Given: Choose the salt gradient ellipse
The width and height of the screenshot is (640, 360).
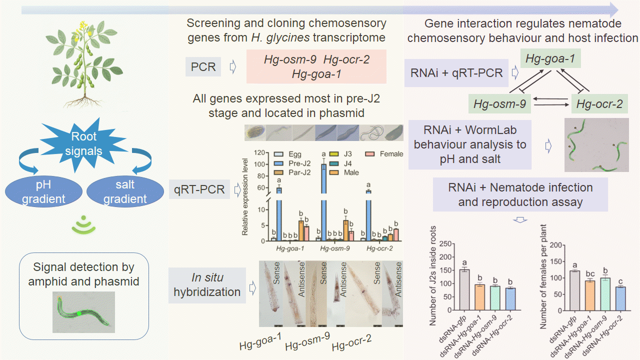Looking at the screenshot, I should (x=124, y=192).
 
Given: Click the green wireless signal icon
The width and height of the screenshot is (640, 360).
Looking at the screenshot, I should (x=83, y=226).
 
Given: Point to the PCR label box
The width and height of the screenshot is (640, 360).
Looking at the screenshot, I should (x=203, y=67).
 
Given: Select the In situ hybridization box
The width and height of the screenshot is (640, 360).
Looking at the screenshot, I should (x=207, y=285).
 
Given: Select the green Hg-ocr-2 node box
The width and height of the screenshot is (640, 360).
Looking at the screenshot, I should (x=599, y=104).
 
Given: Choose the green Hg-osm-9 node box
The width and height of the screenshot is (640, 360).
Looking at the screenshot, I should (x=499, y=104).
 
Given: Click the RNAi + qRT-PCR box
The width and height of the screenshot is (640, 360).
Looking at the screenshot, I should (x=456, y=73).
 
